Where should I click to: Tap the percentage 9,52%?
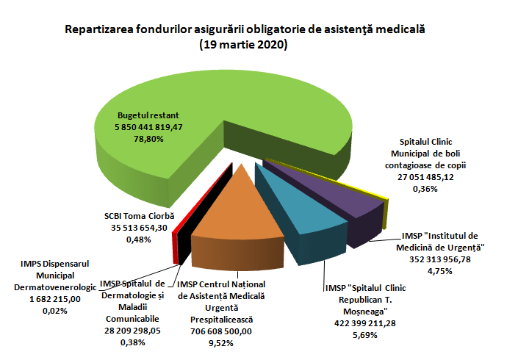pos(220,342)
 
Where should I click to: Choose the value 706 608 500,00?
pos(220,331)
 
